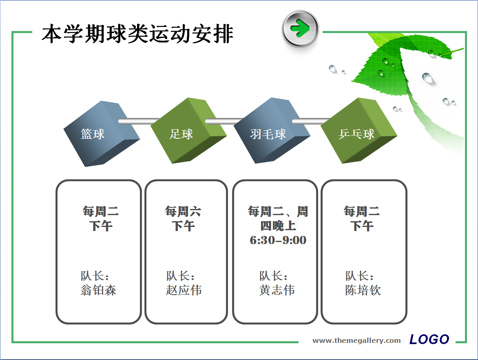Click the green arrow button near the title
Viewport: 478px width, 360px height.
point(300,29)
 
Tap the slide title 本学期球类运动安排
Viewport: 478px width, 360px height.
point(137,34)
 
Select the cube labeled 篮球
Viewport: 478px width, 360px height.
point(102,133)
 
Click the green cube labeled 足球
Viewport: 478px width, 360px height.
point(189,131)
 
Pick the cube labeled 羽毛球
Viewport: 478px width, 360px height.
point(272,131)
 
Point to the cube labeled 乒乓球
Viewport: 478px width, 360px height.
point(359,131)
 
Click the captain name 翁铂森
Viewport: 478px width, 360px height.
point(98,290)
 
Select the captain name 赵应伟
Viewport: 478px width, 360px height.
point(184,290)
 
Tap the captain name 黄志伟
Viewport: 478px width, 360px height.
point(277,290)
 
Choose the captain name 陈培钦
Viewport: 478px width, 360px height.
point(363,290)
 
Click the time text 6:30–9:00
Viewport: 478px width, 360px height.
point(278,240)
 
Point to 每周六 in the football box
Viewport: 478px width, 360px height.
point(183,211)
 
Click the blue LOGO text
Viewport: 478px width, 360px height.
point(429,339)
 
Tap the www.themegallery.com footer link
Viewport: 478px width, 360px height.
point(357,340)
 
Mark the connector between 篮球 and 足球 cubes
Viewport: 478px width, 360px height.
point(139,121)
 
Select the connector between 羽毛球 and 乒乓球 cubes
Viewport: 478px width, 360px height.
point(311,121)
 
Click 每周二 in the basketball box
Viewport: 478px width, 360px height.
point(101,211)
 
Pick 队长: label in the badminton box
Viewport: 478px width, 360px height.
point(273,276)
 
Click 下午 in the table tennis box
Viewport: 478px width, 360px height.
point(361,226)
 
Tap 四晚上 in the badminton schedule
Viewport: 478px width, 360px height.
point(278,226)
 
